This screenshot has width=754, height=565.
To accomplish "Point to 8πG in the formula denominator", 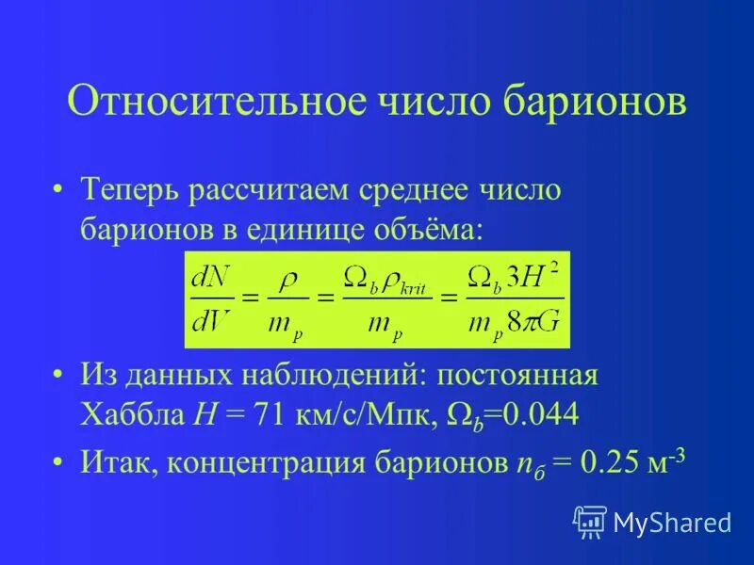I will point(534,323).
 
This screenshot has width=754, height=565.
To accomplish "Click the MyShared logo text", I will point(672,521).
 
